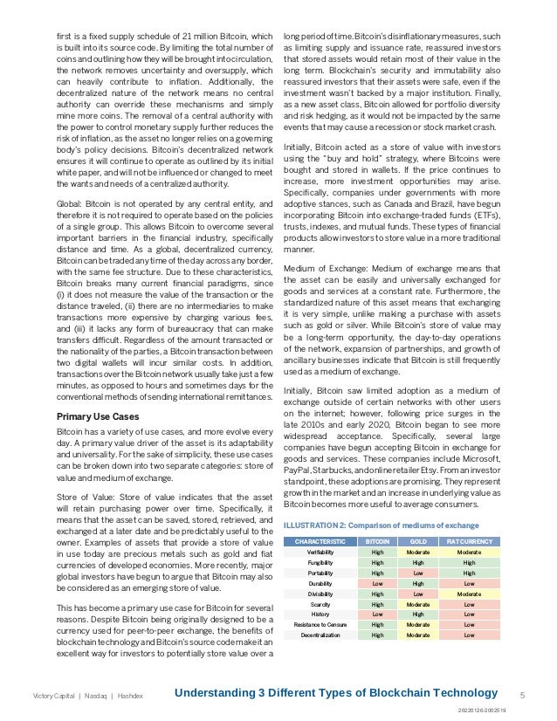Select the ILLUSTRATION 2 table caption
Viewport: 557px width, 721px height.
[381, 525]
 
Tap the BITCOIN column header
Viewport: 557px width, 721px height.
[377, 541]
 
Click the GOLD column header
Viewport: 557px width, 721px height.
[418, 541]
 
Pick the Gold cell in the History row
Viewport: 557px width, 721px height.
[418, 615]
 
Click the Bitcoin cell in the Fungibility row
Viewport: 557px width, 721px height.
[377, 563]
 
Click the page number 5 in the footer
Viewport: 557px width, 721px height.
[522, 695]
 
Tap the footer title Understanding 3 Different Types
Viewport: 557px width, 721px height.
[336, 693]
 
